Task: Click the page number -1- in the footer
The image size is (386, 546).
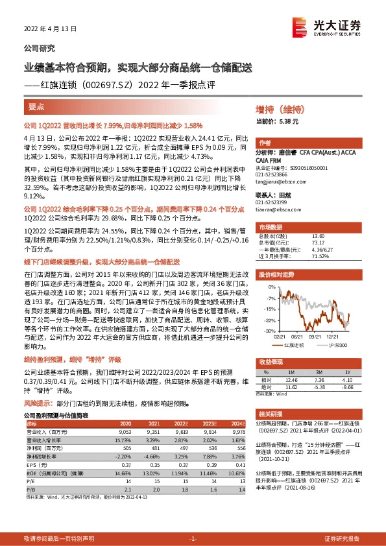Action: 192,538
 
